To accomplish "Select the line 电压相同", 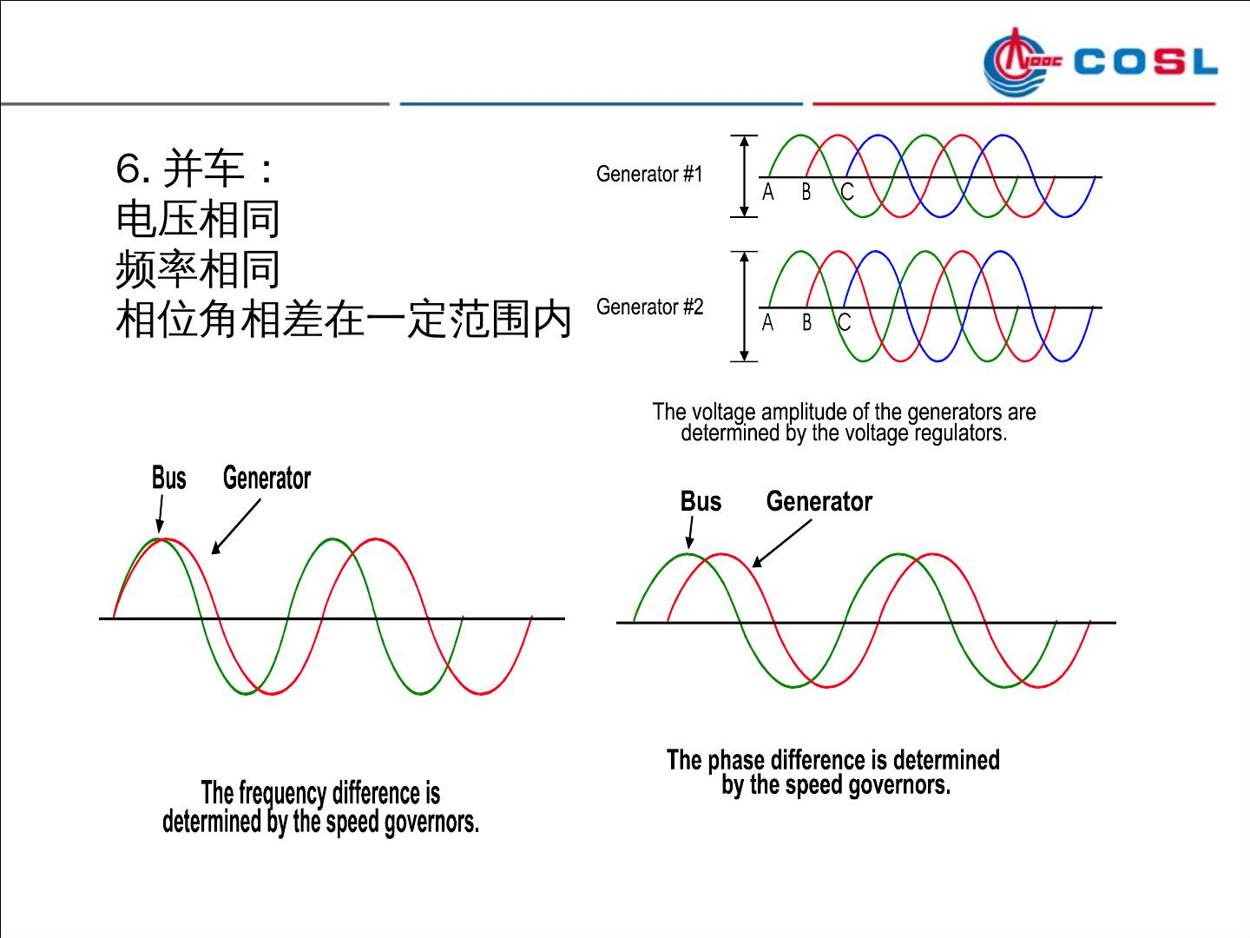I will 198,219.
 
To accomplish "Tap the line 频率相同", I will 198,269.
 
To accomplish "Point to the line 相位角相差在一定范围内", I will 344,320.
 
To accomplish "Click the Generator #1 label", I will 649,175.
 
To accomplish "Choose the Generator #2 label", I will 649,307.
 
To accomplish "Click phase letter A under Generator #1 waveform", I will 768,193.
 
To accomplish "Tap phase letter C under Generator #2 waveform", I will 844,323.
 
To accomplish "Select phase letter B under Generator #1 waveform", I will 806,193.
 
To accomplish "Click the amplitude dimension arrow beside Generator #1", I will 743,176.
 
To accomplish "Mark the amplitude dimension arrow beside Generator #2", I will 743,307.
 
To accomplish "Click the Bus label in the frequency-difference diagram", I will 168,479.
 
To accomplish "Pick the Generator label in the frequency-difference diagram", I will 266,479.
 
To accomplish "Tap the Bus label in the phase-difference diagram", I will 701,502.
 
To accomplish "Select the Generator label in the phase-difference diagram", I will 819,502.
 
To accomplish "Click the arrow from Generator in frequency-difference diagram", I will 236,526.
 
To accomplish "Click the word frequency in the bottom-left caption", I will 282,794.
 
